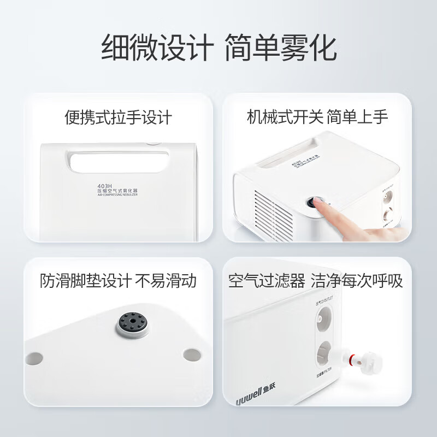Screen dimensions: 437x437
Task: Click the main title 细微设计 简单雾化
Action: tap(218, 48)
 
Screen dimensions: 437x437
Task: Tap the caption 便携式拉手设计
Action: tap(118, 117)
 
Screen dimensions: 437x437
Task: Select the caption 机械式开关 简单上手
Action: tap(317, 117)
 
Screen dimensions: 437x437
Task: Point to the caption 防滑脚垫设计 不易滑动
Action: tap(118, 281)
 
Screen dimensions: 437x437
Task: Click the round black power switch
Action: tap(316, 203)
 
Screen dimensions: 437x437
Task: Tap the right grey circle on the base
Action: tap(191, 355)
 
